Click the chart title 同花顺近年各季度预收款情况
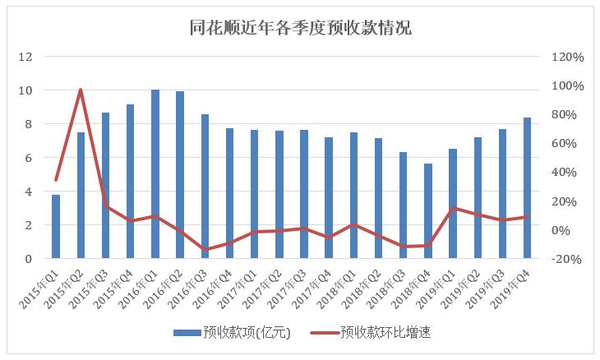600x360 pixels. [299, 27]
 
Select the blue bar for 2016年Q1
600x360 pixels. [155, 174]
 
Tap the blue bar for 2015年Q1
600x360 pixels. [56, 227]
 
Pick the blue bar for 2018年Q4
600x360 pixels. [427, 211]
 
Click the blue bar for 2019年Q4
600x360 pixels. [526, 188]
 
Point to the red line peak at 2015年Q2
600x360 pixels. [81, 90]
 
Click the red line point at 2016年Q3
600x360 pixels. [205, 249]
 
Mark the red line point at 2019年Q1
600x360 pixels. [452, 209]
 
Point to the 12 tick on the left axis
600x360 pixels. [25, 57]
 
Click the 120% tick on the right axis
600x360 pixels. [567, 58]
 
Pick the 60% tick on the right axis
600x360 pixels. [567, 144]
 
